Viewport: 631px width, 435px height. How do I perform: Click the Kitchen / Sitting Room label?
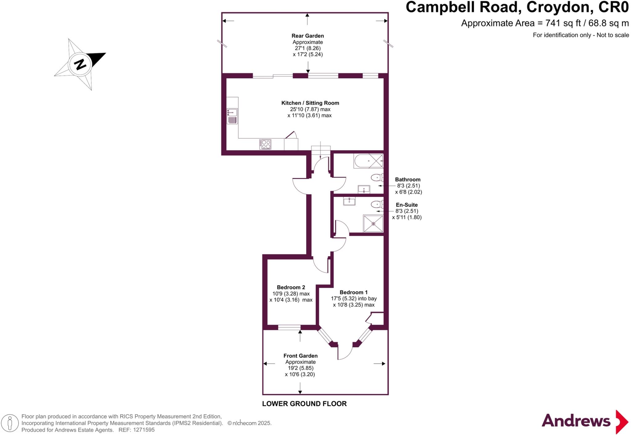coord(310,103)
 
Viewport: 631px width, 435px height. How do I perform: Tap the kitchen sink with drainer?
coord(232,116)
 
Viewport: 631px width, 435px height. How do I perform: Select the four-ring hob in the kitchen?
coord(265,144)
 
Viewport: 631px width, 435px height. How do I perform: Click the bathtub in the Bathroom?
coord(368,161)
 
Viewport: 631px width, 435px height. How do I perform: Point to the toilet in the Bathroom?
coord(377,177)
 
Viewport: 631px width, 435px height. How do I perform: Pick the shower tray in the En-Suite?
coord(373,223)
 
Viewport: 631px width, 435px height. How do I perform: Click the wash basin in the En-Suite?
coord(349,201)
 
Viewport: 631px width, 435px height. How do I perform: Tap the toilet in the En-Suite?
coord(377,204)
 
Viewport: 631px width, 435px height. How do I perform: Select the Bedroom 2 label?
coord(291,287)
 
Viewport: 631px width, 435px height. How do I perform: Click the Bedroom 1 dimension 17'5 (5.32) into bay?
coord(354,299)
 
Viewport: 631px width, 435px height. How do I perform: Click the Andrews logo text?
coord(576,421)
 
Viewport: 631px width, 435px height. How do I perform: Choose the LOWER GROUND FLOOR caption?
coord(304,404)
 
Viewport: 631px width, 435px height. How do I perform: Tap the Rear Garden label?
coord(307,36)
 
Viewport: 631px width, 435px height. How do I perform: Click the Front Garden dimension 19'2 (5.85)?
coord(300,368)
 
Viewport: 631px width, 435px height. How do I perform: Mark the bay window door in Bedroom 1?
coord(345,353)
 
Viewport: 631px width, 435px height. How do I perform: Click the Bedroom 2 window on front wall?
coord(289,327)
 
